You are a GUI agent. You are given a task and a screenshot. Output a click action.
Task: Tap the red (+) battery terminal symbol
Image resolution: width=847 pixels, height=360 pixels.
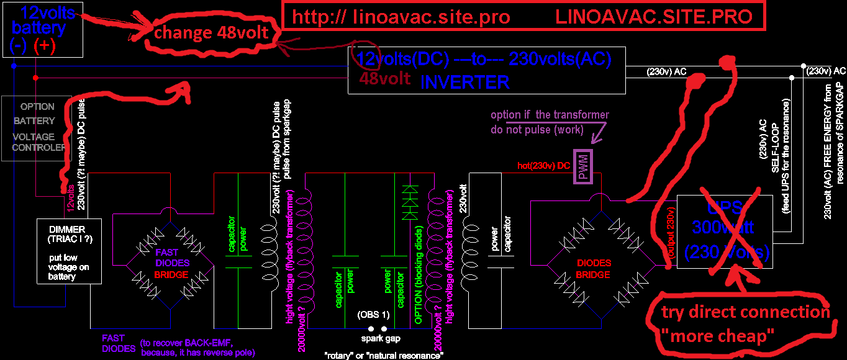pyautogui.click(x=45, y=45)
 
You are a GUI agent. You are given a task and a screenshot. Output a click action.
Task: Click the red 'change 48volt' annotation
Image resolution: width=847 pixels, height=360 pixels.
pyautogui.click(x=211, y=33)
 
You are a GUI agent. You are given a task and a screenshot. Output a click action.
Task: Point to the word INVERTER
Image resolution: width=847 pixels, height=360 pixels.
pyautogui.click(x=465, y=82)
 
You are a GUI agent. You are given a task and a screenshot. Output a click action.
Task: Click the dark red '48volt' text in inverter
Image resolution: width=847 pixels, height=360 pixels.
pyautogui.click(x=385, y=79)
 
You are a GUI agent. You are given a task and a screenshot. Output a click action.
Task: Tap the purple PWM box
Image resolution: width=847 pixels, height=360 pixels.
pyautogui.click(x=584, y=166)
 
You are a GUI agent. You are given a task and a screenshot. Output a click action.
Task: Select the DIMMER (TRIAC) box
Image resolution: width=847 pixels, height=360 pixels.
pyautogui.click(x=69, y=251)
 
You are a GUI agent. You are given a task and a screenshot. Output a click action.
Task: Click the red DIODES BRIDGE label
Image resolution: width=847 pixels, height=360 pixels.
pyautogui.click(x=593, y=269)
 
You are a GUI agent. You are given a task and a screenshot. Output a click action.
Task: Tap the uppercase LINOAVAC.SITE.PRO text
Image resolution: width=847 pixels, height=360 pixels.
pyautogui.click(x=654, y=17)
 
